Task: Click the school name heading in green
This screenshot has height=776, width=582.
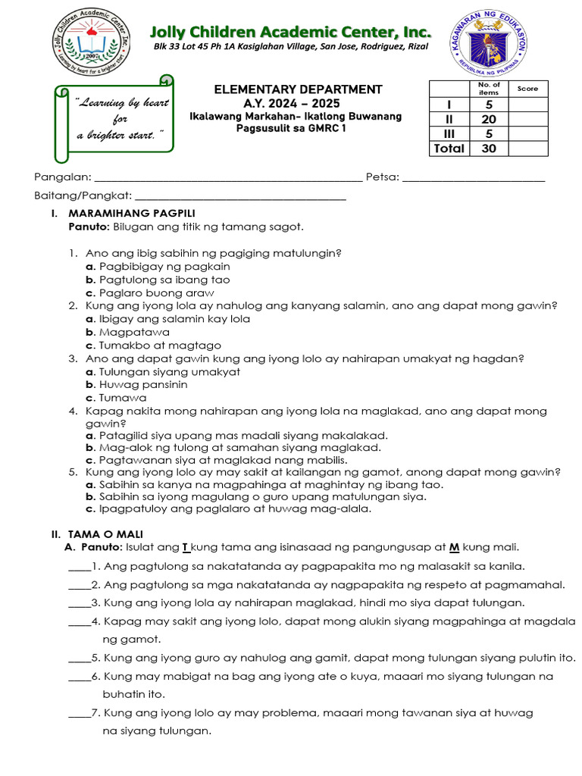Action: [x=290, y=32]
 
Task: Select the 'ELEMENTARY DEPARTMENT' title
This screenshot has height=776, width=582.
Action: [x=298, y=89]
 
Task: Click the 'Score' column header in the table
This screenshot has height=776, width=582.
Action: [x=527, y=89]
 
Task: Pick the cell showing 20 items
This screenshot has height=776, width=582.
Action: [x=489, y=119]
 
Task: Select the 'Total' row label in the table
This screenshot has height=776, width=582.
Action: [x=449, y=149]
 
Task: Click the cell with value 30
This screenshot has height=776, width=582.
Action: [x=489, y=149]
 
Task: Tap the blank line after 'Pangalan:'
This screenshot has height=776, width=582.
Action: [x=227, y=179]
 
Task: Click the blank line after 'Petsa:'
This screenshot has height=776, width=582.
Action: [x=473, y=179]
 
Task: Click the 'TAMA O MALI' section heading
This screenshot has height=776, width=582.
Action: [x=105, y=534]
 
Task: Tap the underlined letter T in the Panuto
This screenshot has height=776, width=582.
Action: [x=185, y=547]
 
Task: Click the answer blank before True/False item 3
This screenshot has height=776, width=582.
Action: [x=78, y=603]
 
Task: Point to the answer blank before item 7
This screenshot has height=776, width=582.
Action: [x=78, y=713]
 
